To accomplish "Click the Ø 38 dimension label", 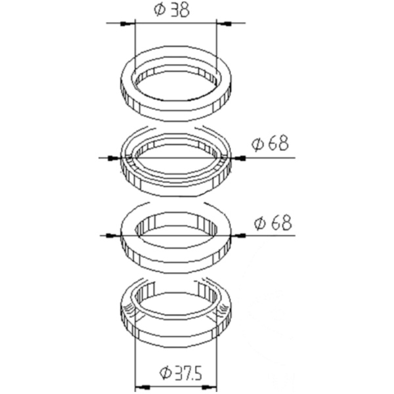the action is coord(171,10).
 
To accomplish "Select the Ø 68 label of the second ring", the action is coord(270,143).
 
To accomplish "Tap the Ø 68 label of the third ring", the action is coord(273,222).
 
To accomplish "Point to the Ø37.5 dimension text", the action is coord(181,372).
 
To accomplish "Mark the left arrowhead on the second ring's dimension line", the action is coord(114,158).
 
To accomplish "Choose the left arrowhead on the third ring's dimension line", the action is coord(114,236).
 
